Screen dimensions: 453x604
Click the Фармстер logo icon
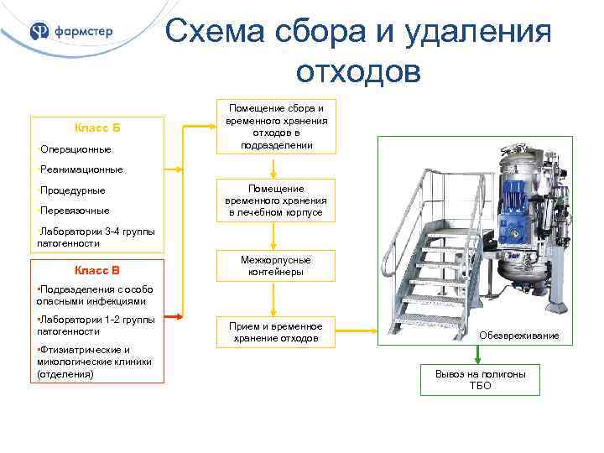coord(39,32)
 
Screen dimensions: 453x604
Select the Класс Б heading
coord(97,128)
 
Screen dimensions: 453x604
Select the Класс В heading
coord(97,270)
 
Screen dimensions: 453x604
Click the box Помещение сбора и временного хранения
coord(276,127)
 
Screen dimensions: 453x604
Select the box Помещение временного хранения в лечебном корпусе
coord(276,201)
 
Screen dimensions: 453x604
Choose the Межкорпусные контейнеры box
coord(276,267)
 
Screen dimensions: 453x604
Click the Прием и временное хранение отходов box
coord(276,331)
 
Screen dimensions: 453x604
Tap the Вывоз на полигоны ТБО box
coord(481,379)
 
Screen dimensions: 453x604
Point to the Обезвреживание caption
coord(519,336)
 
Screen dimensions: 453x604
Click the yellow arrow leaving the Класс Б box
coord(190,128)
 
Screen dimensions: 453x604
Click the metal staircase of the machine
coord(428,268)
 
